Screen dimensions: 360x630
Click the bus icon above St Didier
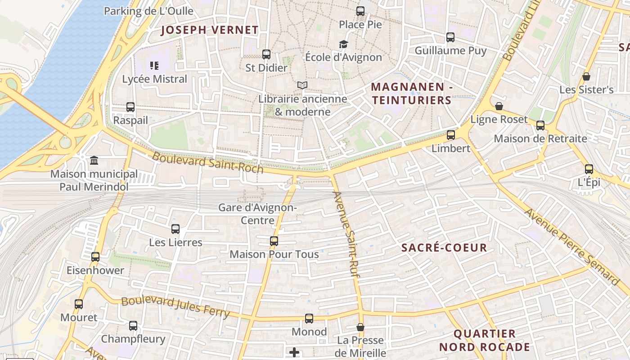(266, 54)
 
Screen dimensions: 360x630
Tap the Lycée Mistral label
(154, 79)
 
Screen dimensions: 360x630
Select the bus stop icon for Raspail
(130, 107)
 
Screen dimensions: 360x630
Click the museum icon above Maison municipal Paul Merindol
(94, 161)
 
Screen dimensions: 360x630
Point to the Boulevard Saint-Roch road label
(207, 163)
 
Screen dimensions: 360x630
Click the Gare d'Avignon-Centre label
(257, 214)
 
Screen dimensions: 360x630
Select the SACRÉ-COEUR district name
(444, 247)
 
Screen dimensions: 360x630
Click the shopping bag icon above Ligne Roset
(499, 106)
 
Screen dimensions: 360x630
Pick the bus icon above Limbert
(450, 135)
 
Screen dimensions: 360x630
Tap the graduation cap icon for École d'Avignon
(343, 44)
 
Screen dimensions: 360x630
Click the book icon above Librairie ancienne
(302, 85)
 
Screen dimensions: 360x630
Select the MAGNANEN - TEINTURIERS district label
(411, 93)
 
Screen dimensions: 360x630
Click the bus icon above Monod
(309, 319)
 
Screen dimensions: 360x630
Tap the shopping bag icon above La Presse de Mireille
(360, 327)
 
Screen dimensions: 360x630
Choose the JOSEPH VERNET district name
(210, 30)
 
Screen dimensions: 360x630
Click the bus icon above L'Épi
(589, 169)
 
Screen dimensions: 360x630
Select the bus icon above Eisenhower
(95, 257)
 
